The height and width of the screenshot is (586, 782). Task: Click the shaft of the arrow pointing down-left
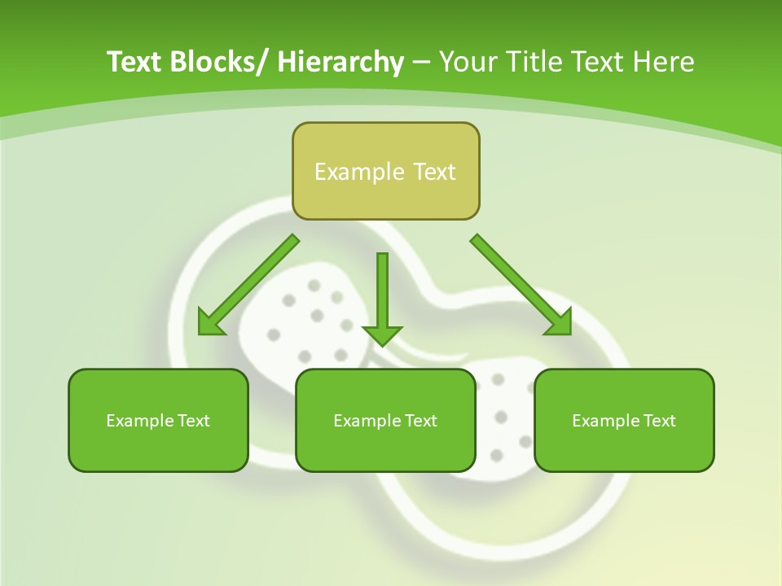261,273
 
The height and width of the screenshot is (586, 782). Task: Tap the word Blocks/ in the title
217,62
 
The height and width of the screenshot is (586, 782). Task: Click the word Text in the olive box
434,172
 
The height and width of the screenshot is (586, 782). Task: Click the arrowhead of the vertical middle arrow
382,335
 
